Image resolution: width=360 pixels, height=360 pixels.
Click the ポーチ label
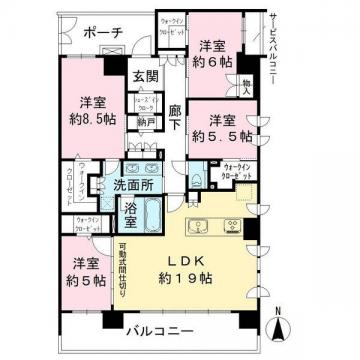[103, 34]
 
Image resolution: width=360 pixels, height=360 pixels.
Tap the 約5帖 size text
[84, 282]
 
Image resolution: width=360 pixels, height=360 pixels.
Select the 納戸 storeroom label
[144, 123]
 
